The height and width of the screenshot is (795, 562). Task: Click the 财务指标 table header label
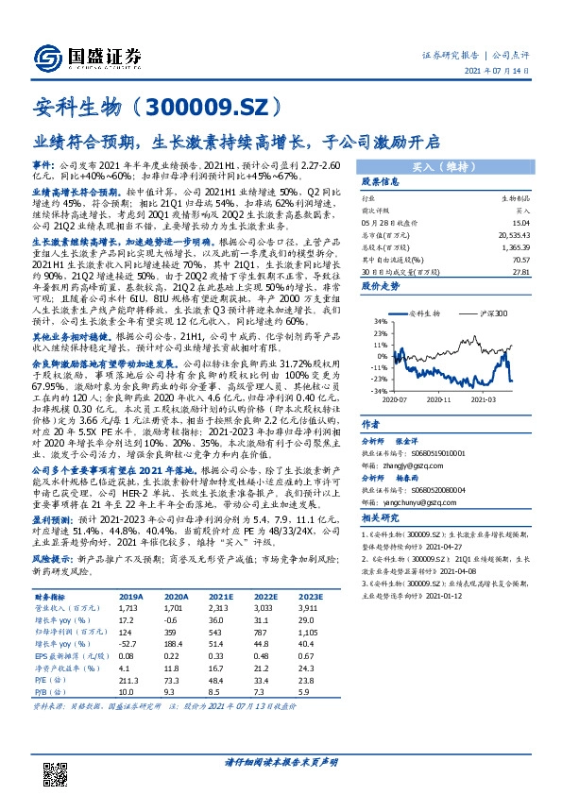[51, 598]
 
